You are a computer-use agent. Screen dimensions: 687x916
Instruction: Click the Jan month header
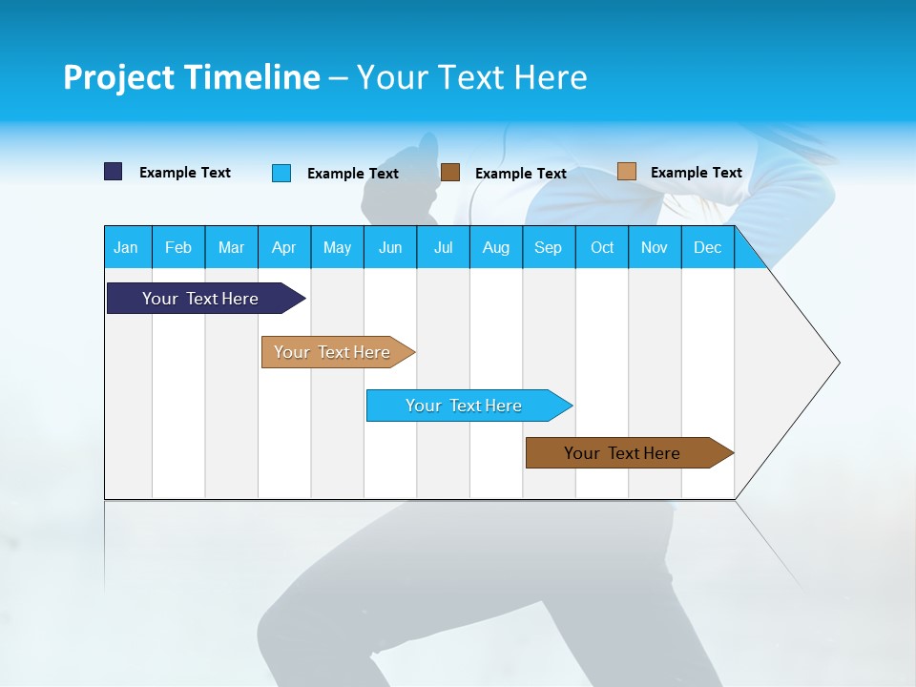tap(126, 247)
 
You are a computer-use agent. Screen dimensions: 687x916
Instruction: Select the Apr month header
tap(283, 247)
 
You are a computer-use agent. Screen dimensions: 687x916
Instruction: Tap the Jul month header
tap(443, 247)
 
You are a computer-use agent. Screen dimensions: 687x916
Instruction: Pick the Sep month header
tap(548, 247)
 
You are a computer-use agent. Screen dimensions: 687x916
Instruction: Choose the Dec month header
tap(707, 247)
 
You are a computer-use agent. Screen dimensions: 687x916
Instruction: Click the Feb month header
tap(178, 247)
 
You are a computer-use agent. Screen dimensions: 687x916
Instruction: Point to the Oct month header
tap(602, 247)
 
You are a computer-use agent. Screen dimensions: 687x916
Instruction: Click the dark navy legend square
tap(114, 172)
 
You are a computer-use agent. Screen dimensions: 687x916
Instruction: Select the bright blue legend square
tap(281, 173)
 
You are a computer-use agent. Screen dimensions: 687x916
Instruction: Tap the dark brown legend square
tap(450, 172)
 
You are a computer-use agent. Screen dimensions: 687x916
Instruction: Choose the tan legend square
tap(626, 171)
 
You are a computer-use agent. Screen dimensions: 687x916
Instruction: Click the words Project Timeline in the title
tap(191, 77)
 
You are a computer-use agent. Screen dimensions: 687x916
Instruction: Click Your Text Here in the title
tap(472, 77)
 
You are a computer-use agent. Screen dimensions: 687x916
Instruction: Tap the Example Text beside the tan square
tap(696, 172)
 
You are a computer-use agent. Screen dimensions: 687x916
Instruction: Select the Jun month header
tap(390, 247)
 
